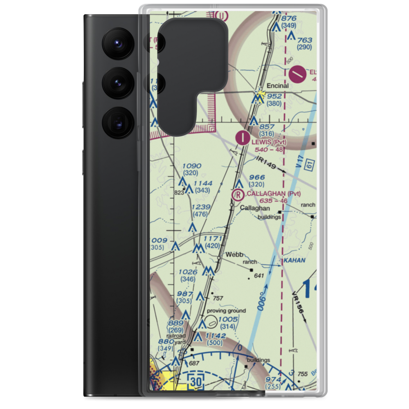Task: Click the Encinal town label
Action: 278,86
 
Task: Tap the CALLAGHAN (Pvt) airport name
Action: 273,193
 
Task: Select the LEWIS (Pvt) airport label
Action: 268,142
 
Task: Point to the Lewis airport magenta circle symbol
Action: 244,137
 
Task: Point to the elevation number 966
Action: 257,177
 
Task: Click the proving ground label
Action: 226,311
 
